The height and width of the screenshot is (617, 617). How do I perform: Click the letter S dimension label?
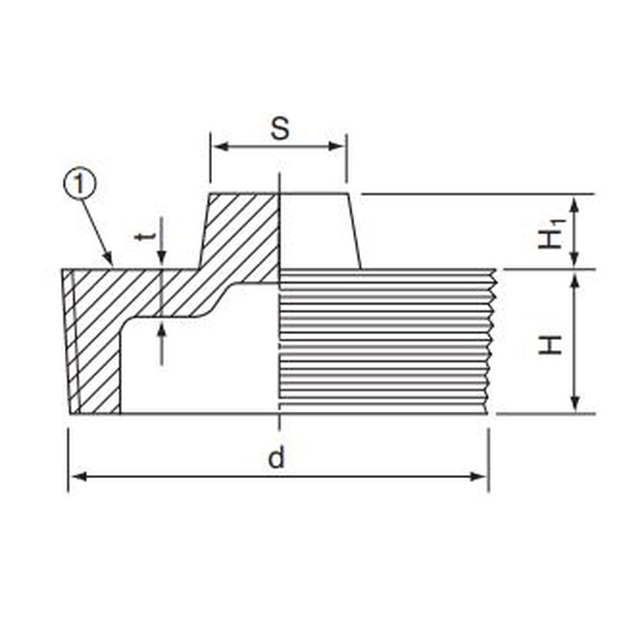click(x=280, y=128)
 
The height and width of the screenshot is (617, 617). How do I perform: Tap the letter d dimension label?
click(x=276, y=457)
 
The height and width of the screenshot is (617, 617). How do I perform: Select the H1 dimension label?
click(x=551, y=234)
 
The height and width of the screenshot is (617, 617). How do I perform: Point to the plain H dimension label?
click(x=550, y=345)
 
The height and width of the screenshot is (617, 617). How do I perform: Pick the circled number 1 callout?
click(x=79, y=184)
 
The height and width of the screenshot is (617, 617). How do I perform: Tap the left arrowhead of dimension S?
click(x=221, y=147)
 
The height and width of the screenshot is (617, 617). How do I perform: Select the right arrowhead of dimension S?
click(x=335, y=147)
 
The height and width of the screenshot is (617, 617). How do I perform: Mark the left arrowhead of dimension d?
click(x=79, y=477)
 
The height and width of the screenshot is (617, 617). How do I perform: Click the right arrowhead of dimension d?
click(x=478, y=477)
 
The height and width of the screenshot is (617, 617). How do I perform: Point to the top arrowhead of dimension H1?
click(x=575, y=204)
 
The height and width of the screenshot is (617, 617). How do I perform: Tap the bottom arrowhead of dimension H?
click(x=575, y=404)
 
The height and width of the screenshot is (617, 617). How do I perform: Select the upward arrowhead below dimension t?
click(x=161, y=332)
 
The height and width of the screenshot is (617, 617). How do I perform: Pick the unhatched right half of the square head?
click(x=318, y=231)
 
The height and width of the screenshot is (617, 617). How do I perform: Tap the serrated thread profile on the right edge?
click(x=491, y=342)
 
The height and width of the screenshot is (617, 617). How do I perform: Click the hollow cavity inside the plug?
click(x=199, y=366)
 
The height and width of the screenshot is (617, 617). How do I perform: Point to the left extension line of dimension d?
click(x=69, y=460)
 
